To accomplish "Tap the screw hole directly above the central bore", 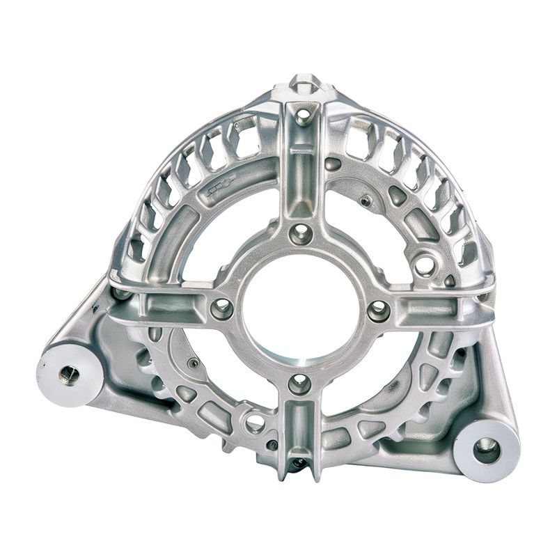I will point(301,233).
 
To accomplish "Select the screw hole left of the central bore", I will point(222,308).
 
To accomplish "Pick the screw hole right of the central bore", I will point(379,311).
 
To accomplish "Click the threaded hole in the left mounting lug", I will point(70,375).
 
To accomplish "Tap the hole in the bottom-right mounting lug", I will point(487,450).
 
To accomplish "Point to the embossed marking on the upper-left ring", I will point(221,183).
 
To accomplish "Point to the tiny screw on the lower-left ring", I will point(194,363).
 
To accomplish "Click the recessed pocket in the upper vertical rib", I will point(302,174).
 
